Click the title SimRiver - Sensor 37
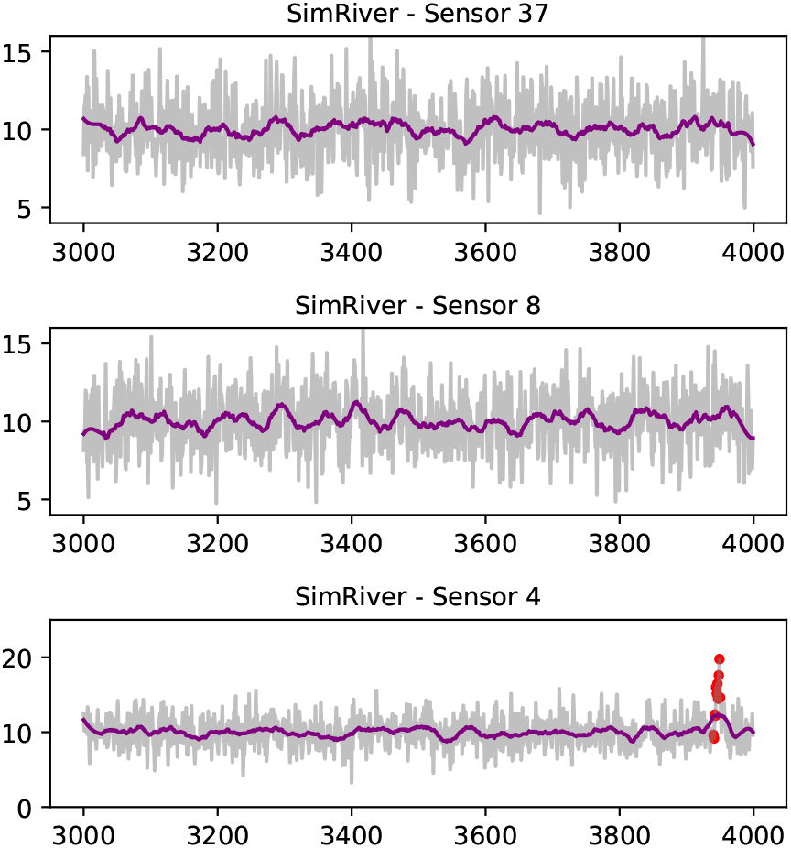[x=418, y=15]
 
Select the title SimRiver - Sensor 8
[x=418, y=306]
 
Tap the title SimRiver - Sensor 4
[x=418, y=597]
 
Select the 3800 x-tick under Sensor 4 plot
[x=620, y=834]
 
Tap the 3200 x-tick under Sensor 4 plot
[x=217, y=834]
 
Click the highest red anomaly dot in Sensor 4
[x=720, y=658]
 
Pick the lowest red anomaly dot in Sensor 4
[x=714, y=736]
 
